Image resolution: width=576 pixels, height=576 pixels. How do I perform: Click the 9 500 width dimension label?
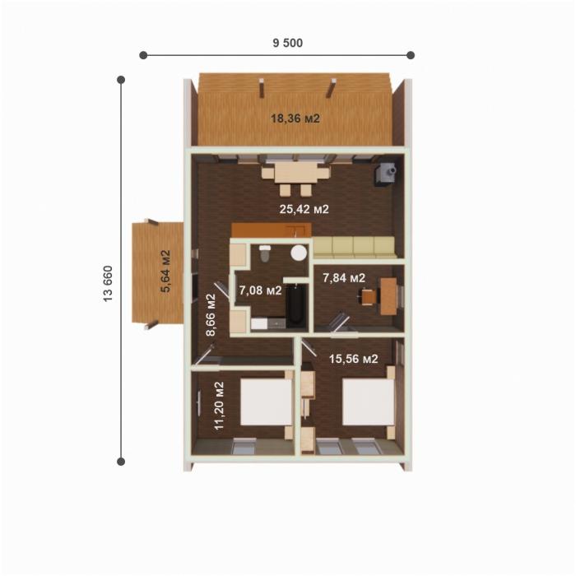point(288,43)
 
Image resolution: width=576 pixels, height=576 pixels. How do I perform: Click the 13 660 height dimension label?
point(108,284)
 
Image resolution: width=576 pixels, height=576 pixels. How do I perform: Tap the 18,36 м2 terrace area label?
point(295,118)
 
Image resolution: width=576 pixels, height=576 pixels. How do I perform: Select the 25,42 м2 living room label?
point(304,209)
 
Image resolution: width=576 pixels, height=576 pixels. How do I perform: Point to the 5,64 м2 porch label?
point(166,271)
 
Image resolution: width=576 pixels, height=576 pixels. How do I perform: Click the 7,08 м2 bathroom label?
point(261,290)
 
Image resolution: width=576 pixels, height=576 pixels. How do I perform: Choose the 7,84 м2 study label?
point(344,278)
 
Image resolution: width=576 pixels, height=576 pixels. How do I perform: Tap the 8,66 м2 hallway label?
point(211,314)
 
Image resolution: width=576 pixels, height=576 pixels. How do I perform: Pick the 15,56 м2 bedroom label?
point(353,359)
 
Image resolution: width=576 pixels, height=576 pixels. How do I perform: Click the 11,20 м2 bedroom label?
point(219,406)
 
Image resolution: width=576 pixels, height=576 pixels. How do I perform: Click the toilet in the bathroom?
point(264,253)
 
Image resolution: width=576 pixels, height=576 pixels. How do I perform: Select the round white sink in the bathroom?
point(299,253)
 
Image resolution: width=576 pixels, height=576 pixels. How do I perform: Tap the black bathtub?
point(295,305)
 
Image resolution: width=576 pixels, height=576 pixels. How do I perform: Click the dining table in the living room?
point(295,173)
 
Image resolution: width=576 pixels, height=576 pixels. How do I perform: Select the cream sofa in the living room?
point(354,247)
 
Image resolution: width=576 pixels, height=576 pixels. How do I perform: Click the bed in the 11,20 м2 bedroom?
point(267,402)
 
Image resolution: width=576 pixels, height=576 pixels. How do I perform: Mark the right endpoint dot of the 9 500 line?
point(411,55)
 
